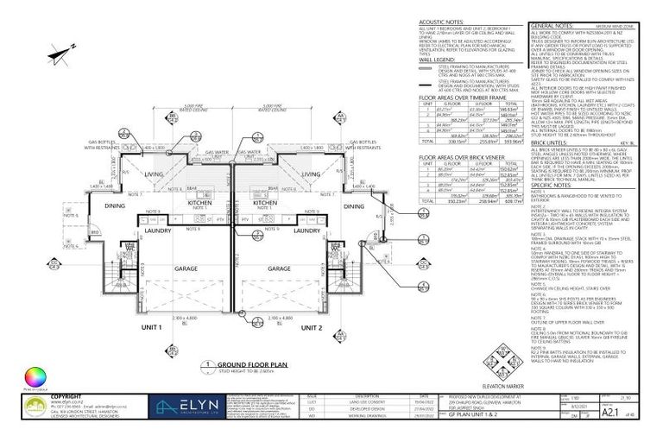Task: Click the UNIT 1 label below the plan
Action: coord(151,328)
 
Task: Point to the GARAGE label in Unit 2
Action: coord(278,268)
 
